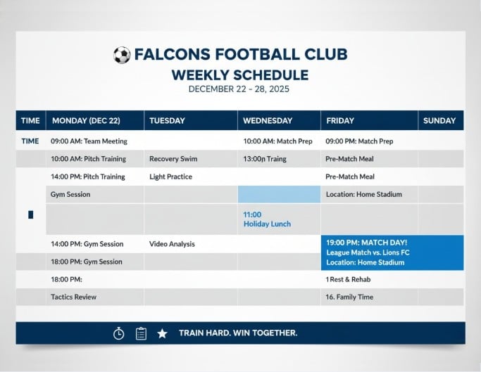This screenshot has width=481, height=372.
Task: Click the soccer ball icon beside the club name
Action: [x=122, y=55]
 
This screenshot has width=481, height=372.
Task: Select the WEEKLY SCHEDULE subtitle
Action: [x=240, y=75]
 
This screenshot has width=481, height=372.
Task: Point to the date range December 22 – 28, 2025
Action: [x=239, y=89]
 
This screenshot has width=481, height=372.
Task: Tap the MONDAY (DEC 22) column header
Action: [x=85, y=120]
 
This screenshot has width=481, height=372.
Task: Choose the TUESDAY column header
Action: [x=166, y=120]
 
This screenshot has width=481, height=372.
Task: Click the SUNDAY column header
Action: [x=439, y=120]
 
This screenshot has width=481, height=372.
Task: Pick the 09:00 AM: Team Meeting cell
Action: [x=89, y=141]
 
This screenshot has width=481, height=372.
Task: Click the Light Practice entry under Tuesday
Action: [x=170, y=177]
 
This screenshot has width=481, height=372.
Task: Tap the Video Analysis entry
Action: [x=172, y=244]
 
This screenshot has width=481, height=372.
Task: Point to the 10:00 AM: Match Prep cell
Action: [x=277, y=141]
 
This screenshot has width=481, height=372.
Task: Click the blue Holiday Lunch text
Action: [x=267, y=224]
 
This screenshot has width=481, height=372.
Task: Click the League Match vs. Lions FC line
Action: [x=368, y=252]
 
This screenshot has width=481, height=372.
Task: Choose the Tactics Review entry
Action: [x=73, y=297]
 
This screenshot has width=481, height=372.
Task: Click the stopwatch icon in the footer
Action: [x=118, y=333]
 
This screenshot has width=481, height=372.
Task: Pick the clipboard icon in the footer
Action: [x=141, y=333]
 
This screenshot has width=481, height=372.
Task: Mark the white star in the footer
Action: [x=162, y=333]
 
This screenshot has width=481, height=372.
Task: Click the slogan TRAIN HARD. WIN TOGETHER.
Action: [x=238, y=333]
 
